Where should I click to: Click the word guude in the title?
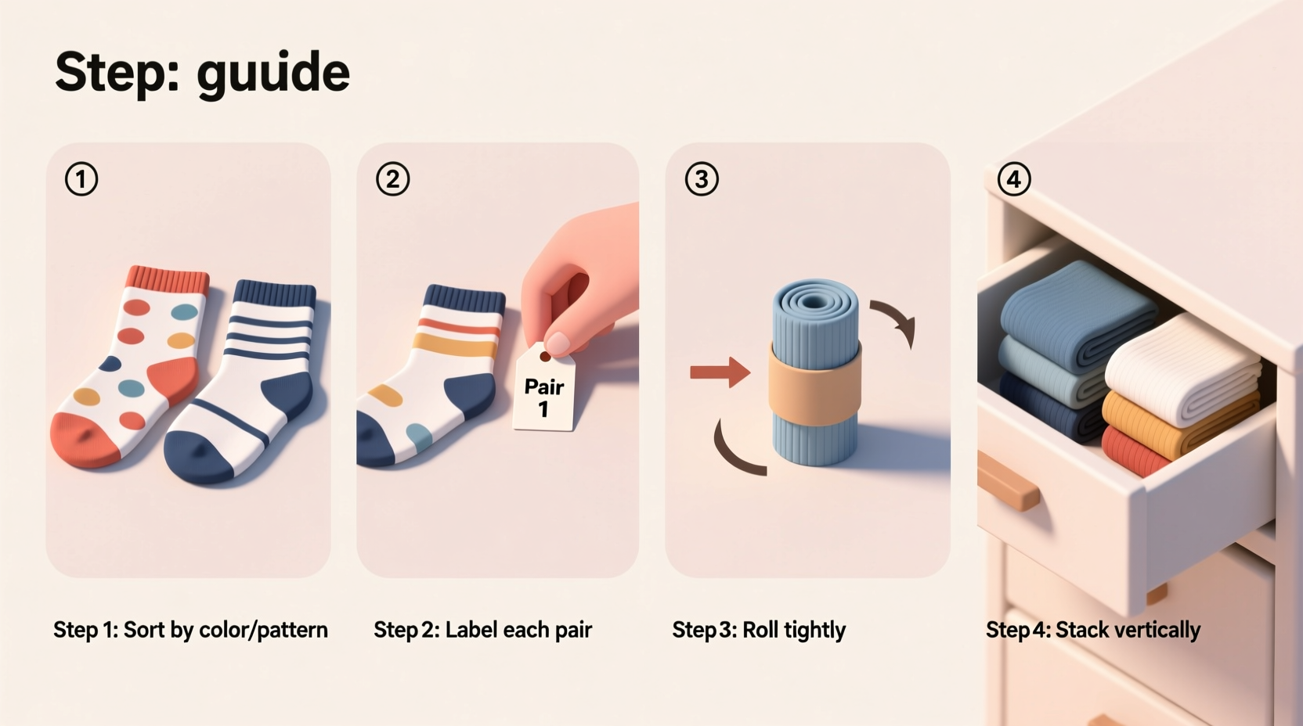[x=273, y=73]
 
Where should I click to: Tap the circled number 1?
[x=81, y=179]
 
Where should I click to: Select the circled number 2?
[x=392, y=179]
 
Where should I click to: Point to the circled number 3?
[x=702, y=179]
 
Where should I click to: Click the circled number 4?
[x=1014, y=179]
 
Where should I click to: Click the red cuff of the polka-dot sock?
[x=168, y=279]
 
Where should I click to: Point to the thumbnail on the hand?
[x=558, y=342]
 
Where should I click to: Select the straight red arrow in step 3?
[x=719, y=372]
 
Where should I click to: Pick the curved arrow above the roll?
[x=895, y=319]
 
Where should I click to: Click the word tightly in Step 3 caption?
[x=814, y=631]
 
